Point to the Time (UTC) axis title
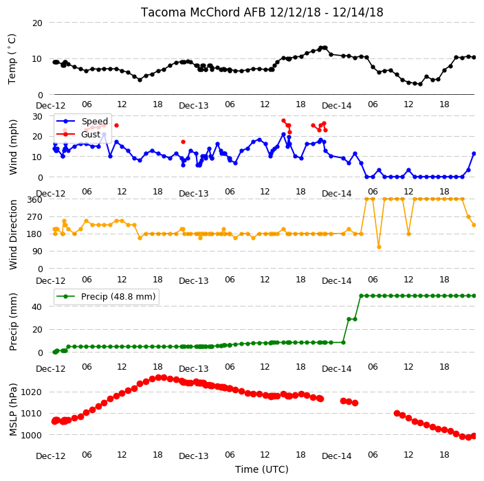(x=262, y=469)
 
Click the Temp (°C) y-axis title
(x=12, y=59)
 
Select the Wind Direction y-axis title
(x=13, y=234)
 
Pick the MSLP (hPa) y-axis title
(x=13, y=409)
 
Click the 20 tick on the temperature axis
(x=37, y=23)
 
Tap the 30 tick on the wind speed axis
(x=37, y=116)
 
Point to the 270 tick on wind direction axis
(x=34, y=217)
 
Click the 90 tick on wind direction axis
(x=37, y=251)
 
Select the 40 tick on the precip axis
(x=37, y=306)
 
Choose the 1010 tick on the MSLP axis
(x=31, y=414)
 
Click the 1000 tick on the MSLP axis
(x=31, y=435)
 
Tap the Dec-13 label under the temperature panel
(x=194, y=106)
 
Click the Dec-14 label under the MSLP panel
(x=337, y=456)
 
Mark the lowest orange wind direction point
(x=379, y=247)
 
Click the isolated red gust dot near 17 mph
(x=183, y=142)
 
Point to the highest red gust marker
(x=284, y=121)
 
